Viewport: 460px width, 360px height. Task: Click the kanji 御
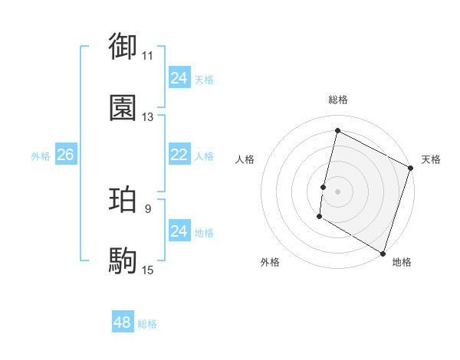123,47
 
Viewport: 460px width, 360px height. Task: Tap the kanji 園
123,108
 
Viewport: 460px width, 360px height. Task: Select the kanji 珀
123,200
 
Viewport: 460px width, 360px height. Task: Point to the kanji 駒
123,261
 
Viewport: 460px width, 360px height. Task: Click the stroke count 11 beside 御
148,56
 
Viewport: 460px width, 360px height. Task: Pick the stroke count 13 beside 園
148,117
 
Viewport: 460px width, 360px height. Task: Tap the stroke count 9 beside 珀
148,208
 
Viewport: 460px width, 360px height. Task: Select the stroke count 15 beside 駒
148,270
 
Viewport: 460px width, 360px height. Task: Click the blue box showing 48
123,322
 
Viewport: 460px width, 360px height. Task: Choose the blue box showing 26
65,155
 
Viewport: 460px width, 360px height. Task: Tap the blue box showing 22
179,155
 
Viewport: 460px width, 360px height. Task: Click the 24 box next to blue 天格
179,78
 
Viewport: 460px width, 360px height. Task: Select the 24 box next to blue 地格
179,231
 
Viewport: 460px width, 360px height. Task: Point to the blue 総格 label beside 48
147,324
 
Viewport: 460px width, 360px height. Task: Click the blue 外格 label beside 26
41,156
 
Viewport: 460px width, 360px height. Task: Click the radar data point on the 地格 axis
382,253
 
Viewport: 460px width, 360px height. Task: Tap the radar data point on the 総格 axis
337,130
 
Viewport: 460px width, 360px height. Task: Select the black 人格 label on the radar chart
245,160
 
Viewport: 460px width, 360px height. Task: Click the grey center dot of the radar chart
337,191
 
